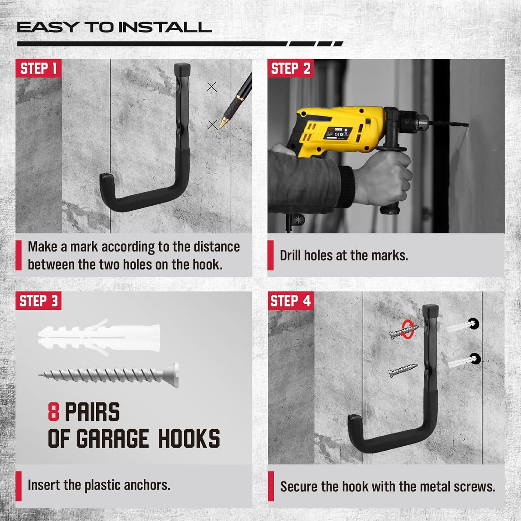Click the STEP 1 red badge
coord(38,68)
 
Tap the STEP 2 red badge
coord(290,68)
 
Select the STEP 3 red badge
coord(38,301)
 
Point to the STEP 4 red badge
coord(290,301)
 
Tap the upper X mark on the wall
coord(212,87)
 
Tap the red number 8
coord(53,412)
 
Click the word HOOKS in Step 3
coord(189,439)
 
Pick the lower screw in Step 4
coord(403,370)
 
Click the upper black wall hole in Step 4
coord(474,324)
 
